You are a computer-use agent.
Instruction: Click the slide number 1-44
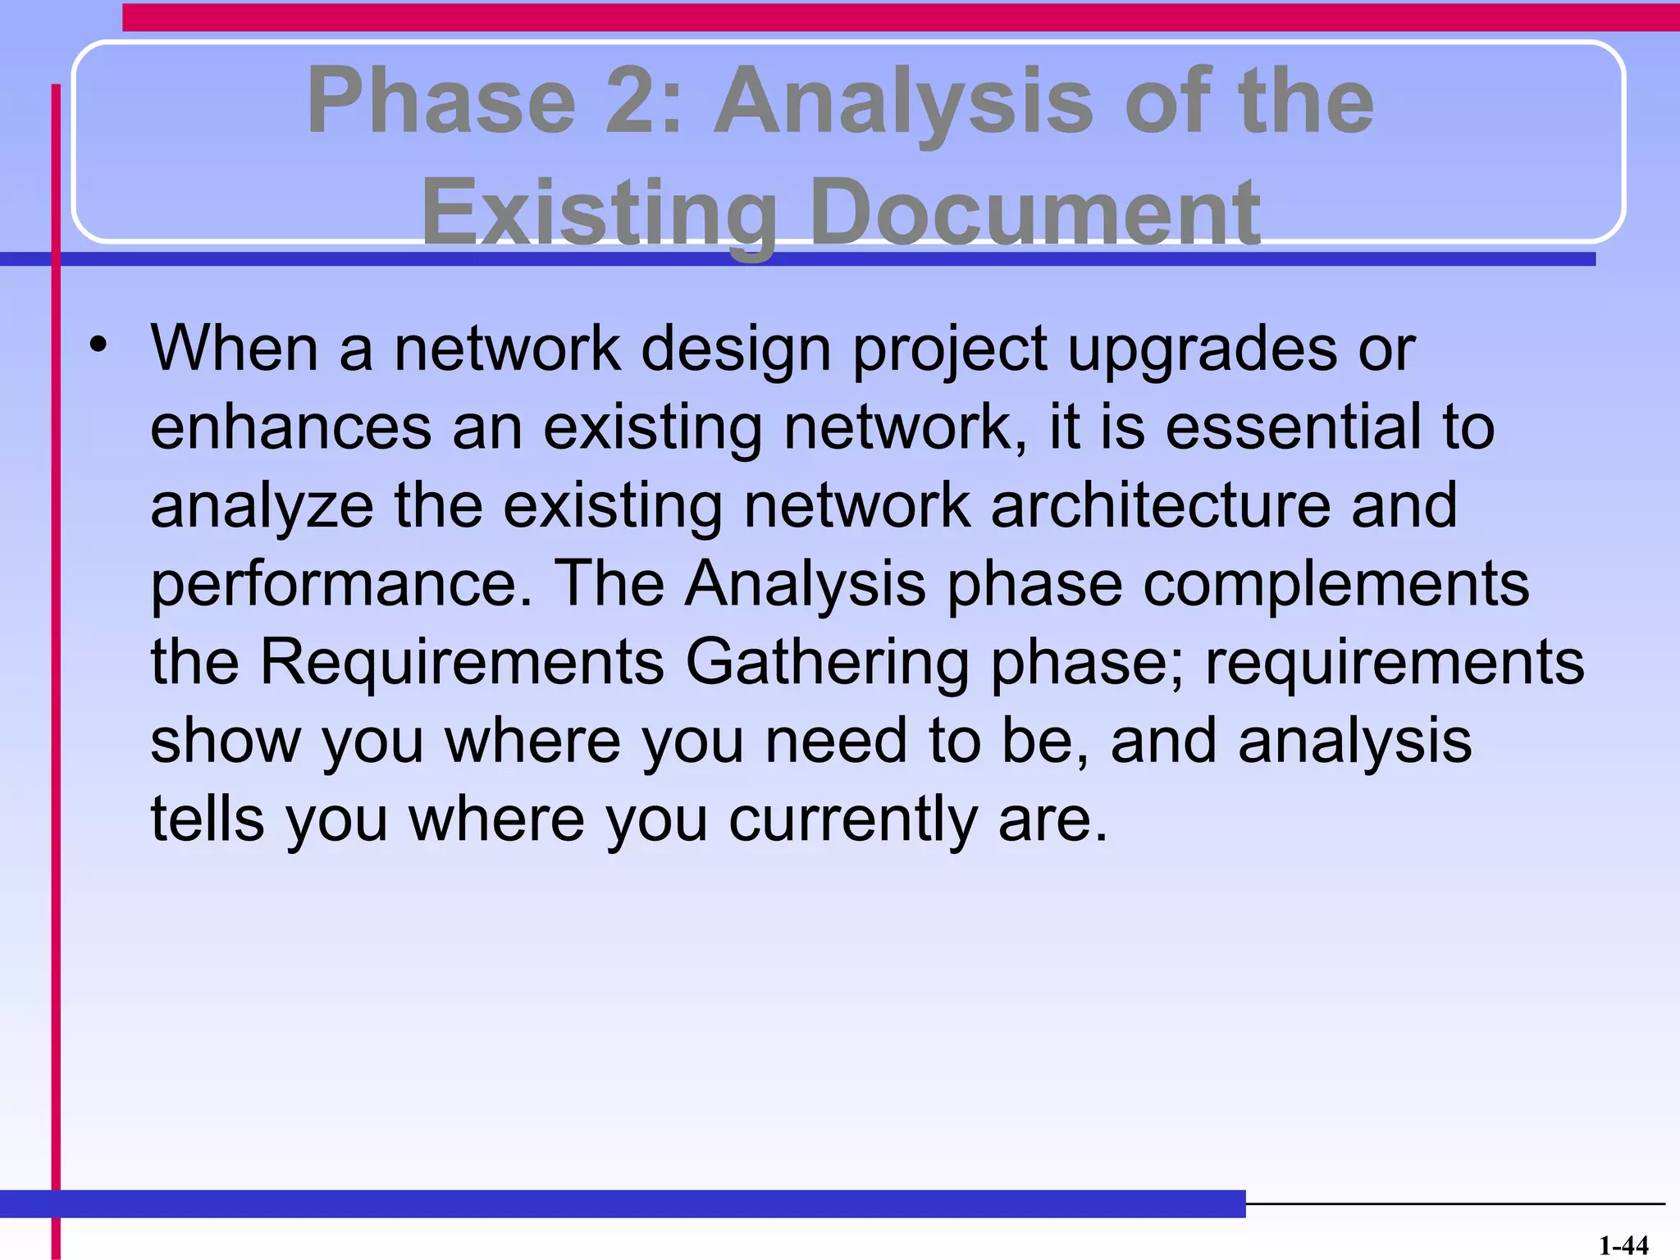pyautogui.click(x=1623, y=1245)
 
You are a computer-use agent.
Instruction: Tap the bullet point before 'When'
pyautogui.click(x=99, y=346)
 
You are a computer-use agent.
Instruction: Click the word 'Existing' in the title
pyautogui.click(x=599, y=213)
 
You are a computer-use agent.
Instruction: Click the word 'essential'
pyautogui.click(x=1294, y=427)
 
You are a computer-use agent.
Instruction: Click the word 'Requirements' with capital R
pyautogui.click(x=462, y=663)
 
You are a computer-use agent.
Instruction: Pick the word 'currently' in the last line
pyautogui.click(x=853, y=821)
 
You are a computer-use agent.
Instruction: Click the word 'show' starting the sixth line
pyautogui.click(x=226, y=741)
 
